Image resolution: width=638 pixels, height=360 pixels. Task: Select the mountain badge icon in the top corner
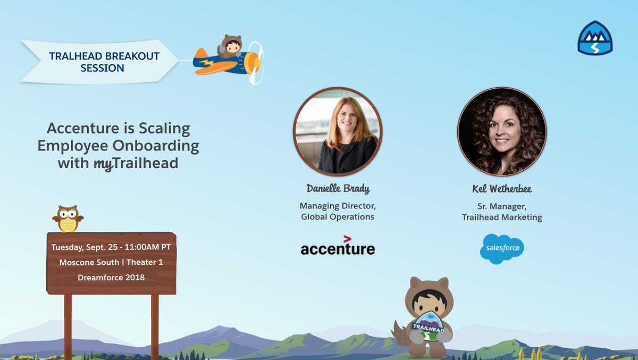pyautogui.click(x=595, y=38)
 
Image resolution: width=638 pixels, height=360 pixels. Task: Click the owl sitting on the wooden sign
pyautogui.click(x=68, y=219)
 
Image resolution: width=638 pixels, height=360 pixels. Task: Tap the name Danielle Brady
pyautogui.click(x=338, y=188)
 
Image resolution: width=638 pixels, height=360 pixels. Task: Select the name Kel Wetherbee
pyautogui.click(x=502, y=189)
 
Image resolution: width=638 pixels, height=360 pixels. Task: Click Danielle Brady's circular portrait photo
pyautogui.click(x=338, y=131)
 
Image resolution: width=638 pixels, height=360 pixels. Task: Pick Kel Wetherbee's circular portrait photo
pyautogui.click(x=502, y=131)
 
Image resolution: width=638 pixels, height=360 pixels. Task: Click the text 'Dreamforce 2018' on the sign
pyautogui.click(x=111, y=277)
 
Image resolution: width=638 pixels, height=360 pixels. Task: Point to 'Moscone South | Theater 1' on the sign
pyautogui.click(x=111, y=262)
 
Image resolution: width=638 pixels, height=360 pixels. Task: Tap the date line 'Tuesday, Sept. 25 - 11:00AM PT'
pyautogui.click(x=111, y=247)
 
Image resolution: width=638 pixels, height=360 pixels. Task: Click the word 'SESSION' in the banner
pyautogui.click(x=102, y=68)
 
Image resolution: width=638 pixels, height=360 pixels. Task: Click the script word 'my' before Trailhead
pyautogui.click(x=103, y=164)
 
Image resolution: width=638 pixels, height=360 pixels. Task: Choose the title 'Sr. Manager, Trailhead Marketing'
pyautogui.click(x=502, y=211)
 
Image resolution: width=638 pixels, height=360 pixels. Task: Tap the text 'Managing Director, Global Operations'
pyautogui.click(x=338, y=211)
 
